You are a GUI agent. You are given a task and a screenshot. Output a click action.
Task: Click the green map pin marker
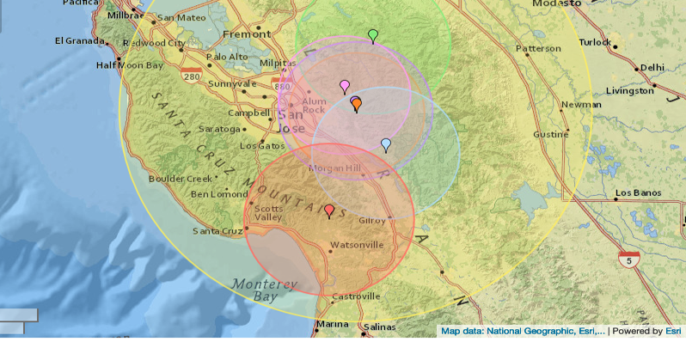373,35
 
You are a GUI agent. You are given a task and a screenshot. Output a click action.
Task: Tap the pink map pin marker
345,86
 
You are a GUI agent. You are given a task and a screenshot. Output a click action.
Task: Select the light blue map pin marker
386,145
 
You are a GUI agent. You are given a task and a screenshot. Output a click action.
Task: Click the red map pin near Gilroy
329,211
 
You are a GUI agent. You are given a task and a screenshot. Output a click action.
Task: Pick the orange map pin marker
357,104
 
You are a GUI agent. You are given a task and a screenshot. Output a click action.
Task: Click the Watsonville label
357,245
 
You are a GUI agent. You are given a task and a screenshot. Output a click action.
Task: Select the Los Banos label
636,192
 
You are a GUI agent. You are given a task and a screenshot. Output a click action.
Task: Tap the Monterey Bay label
264,290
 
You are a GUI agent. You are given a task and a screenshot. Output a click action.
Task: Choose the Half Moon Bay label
129,64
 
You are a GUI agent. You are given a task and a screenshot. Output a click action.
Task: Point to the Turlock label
595,42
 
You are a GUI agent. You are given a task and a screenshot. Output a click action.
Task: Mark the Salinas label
378,327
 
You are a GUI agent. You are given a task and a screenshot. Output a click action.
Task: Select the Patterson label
537,48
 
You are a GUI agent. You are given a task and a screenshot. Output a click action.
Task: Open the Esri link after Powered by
673,331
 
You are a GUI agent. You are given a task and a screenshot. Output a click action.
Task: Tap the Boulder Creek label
180,179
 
